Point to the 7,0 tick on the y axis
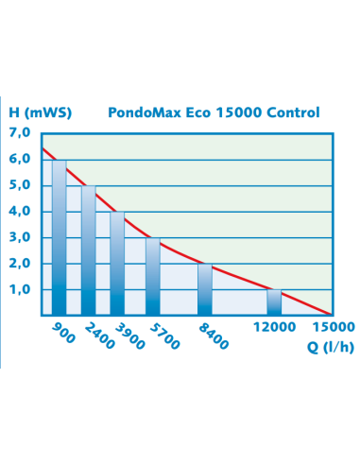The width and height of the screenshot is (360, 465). [x=20, y=133]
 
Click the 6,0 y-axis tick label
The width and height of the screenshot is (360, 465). [x=20, y=160]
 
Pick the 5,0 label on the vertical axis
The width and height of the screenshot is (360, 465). [x=20, y=186]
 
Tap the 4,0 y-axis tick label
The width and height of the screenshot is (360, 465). [x=20, y=212]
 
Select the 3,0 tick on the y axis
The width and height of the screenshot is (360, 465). [x=20, y=238]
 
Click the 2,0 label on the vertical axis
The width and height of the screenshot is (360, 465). [x=20, y=264]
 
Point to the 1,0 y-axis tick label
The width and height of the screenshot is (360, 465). [x=20, y=290]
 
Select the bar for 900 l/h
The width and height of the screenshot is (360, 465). [x=60, y=237]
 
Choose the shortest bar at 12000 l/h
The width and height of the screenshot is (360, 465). [x=274, y=301]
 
